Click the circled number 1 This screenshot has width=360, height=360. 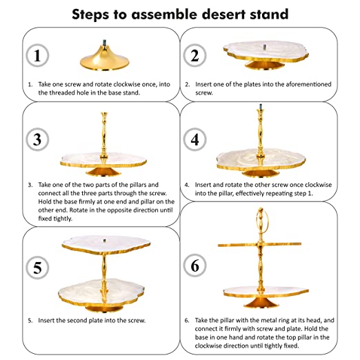[x=37, y=55]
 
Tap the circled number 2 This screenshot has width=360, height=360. [x=194, y=55]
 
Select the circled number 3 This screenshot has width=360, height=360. [x=37, y=139]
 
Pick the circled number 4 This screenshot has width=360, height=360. [x=194, y=139]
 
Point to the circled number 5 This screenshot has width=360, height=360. [x=37, y=268]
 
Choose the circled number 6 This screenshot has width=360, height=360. [x=194, y=266]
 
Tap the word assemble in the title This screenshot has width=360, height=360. [x=164, y=14]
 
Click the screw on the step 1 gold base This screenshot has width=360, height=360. [x=105, y=42]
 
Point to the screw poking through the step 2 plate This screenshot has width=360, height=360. [x=265, y=47]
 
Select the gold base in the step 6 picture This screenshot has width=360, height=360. [x=261, y=302]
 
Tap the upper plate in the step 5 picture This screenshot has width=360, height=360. [x=106, y=245]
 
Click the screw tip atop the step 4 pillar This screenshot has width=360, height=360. [x=261, y=106]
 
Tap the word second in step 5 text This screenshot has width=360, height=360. [x=78, y=320]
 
